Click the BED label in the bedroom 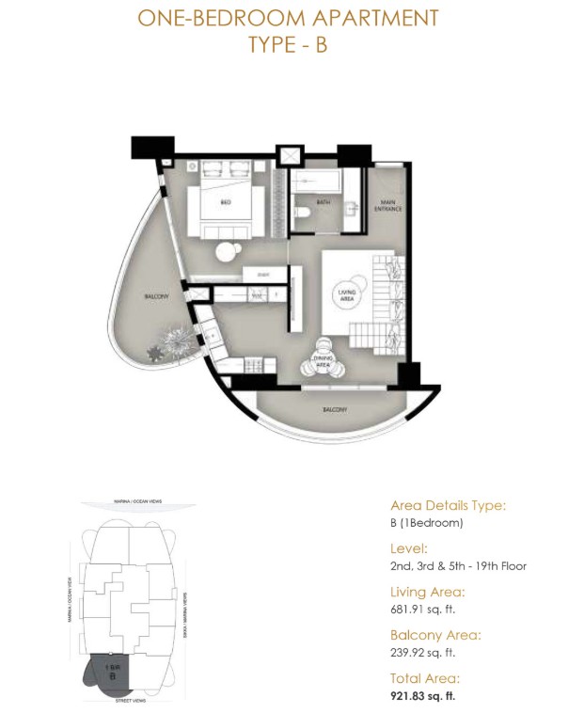tap(226, 201)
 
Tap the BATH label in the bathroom tap(323, 201)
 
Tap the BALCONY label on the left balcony tap(156, 297)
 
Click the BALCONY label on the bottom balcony tap(335, 409)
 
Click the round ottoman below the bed tap(228, 252)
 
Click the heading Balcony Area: tap(435, 635)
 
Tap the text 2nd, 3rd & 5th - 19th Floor tap(458, 566)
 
